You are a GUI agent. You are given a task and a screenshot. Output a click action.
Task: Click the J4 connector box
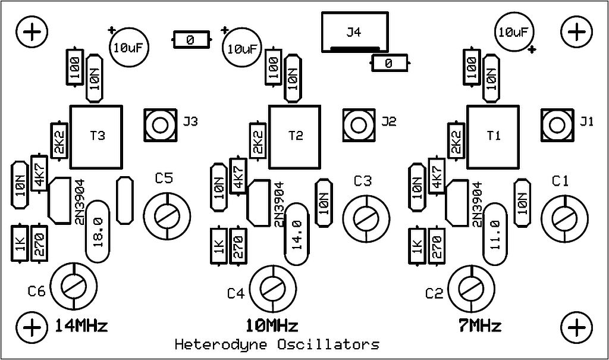point(354,32)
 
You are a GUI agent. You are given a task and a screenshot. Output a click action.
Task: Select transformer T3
point(96,137)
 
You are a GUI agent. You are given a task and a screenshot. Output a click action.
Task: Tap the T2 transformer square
point(295,137)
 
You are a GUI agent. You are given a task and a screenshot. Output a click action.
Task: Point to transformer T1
point(493,137)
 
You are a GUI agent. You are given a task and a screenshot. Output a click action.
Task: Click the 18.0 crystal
point(98,231)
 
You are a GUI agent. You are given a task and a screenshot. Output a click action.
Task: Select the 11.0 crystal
point(495,234)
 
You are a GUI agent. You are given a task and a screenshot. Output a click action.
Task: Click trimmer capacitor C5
point(167,216)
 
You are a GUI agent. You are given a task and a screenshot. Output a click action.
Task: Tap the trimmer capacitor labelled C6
point(73,287)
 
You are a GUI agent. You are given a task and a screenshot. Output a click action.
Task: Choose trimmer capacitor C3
point(366,218)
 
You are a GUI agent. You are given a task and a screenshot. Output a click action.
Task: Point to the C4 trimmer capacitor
point(273,289)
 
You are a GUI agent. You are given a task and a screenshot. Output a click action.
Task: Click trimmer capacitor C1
point(564,219)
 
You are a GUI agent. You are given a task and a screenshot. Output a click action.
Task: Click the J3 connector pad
point(160,125)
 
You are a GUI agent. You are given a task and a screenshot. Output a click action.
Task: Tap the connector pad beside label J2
point(359,125)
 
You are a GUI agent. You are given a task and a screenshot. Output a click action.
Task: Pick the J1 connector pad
point(557,125)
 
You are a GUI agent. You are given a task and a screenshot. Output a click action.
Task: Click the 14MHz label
point(81,326)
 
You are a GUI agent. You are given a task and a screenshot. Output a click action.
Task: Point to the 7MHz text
point(480,326)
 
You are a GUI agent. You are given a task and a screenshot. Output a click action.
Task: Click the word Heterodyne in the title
point(221,345)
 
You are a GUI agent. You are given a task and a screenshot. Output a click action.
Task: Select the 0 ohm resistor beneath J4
point(390,63)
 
